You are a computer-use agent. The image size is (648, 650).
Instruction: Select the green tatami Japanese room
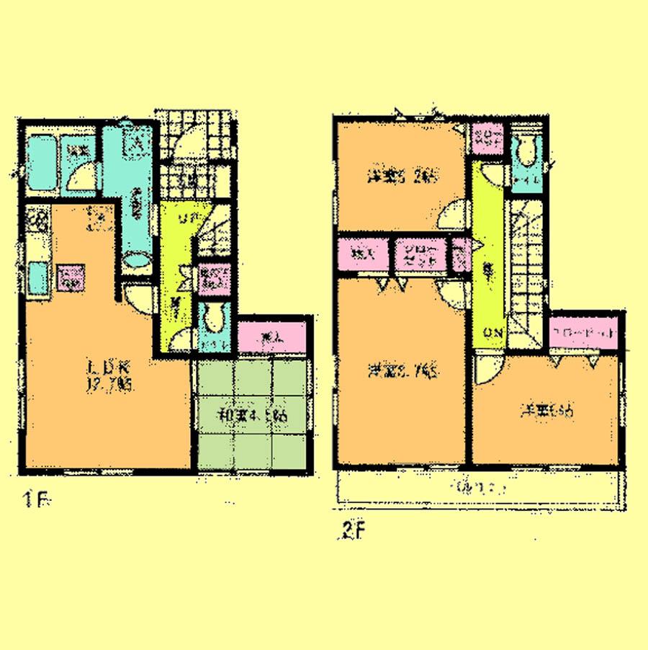(x=252, y=416)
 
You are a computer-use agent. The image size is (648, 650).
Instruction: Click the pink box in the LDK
(x=71, y=278)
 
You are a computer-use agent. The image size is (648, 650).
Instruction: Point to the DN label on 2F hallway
(x=493, y=333)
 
